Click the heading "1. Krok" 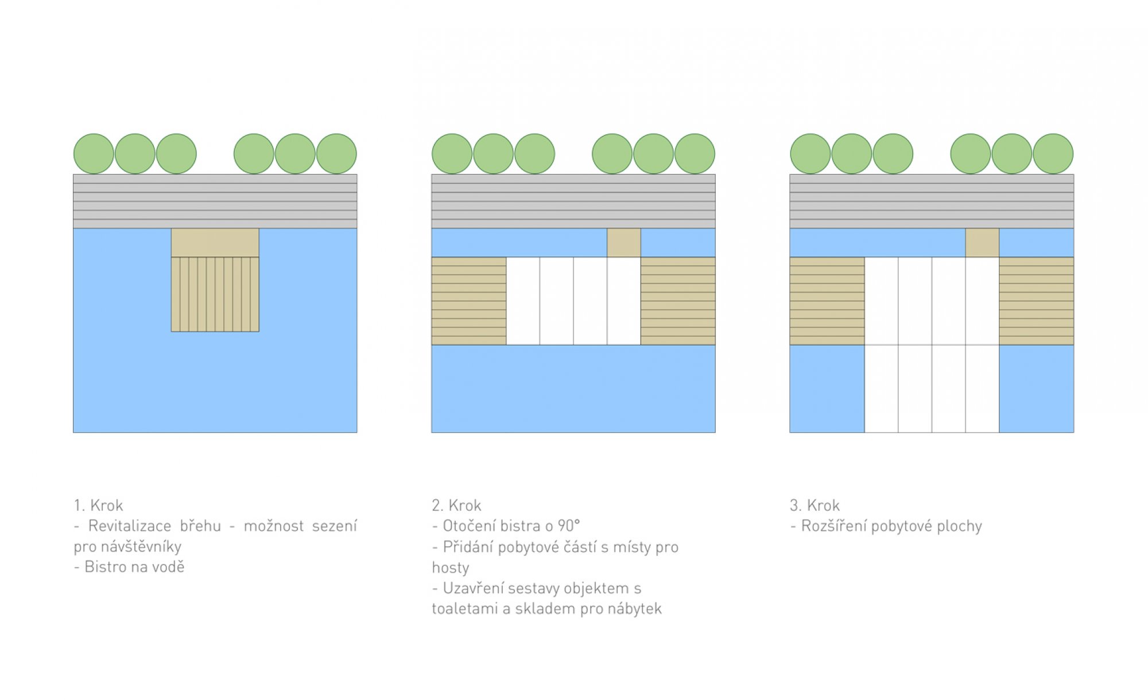[x=98, y=505]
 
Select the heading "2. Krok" [x=456, y=505]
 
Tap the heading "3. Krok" [x=815, y=505]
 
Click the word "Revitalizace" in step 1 [x=130, y=526]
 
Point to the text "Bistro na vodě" [x=129, y=567]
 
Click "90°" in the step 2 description [x=569, y=526]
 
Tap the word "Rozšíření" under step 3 [x=833, y=526]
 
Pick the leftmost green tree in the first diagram [x=94, y=154]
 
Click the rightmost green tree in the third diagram [x=1053, y=154]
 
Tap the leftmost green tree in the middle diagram [x=452, y=154]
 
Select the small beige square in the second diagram [x=624, y=243]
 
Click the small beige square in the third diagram [x=982, y=243]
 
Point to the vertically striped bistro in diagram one [x=215, y=294]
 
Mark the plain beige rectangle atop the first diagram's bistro [x=215, y=243]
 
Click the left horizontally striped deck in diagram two [x=469, y=301]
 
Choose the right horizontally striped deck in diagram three [x=1037, y=301]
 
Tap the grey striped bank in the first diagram [x=215, y=201]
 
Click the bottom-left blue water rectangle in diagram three [x=827, y=388]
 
